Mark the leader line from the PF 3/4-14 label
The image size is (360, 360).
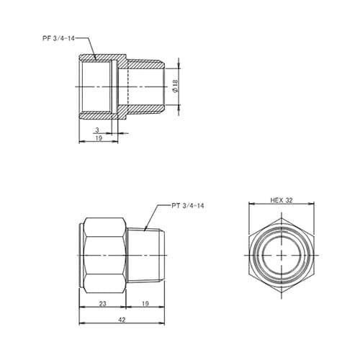point(85,45)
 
